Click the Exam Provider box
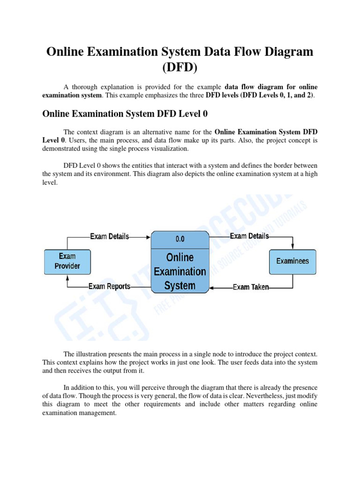coord(67,262)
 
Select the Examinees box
coord(292,262)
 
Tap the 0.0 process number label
coord(180,239)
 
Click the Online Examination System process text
coord(180,271)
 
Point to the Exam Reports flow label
coord(110,286)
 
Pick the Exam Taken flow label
coord(251,287)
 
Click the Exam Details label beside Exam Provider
coord(110,237)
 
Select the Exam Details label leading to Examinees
coord(249,236)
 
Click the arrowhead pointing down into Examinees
coord(292,247)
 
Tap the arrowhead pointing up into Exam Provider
coord(67,277)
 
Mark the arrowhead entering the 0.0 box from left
coord(148,237)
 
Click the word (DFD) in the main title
coord(180,67)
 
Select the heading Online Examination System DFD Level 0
coord(125,113)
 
